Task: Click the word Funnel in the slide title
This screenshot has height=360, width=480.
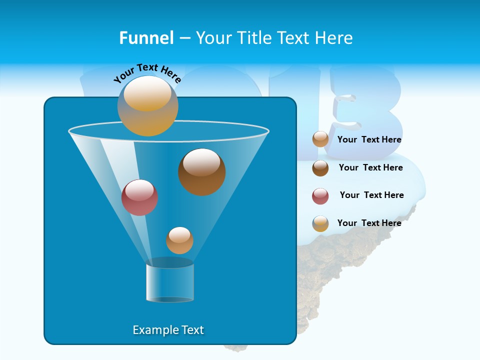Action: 146,38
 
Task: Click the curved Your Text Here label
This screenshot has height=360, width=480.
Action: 147,72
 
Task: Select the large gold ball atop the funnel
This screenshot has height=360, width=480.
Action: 148,105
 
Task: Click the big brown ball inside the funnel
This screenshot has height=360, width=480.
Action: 202,172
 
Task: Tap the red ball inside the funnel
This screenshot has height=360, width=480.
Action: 140,197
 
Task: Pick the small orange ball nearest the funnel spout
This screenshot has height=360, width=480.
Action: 179,240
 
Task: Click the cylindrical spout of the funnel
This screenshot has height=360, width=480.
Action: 170,282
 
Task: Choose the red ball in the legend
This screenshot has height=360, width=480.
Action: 320,196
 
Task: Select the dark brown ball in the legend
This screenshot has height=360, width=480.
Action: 320,168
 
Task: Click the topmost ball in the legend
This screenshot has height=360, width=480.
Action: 320,139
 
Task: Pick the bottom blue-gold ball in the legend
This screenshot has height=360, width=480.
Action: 320,223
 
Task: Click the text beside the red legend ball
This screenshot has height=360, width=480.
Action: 371,195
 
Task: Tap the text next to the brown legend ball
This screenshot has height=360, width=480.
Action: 370,167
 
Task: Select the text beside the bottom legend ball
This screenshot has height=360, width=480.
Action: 369,223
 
